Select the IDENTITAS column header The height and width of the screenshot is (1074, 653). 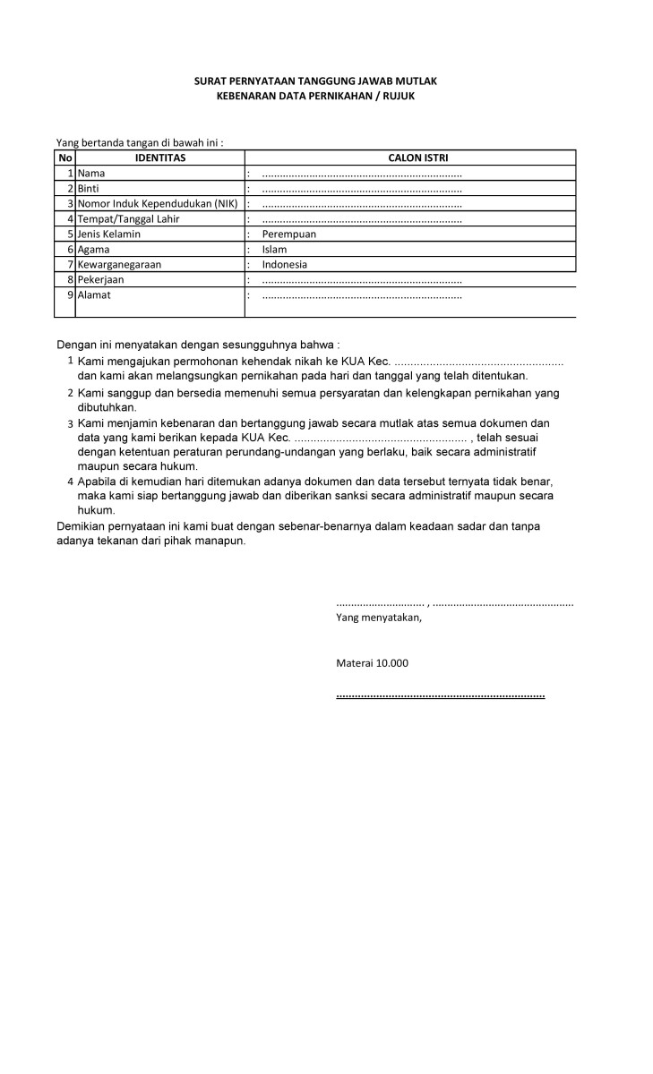[159, 158]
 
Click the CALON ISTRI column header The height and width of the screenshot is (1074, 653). [411, 158]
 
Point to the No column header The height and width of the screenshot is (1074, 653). [64, 158]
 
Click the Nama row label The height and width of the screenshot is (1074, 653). [91, 173]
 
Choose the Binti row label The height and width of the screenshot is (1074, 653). [88, 189]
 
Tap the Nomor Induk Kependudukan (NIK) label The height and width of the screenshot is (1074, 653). [158, 204]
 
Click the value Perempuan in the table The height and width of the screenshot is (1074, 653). [289, 234]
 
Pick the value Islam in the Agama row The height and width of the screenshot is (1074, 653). [274, 250]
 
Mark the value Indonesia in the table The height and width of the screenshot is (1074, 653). [285, 265]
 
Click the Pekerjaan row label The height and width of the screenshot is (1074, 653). [100, 280]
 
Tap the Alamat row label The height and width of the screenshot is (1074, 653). [94, 294]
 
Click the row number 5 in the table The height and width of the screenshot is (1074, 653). [70, 234]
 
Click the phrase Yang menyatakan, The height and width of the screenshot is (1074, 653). [378, 618]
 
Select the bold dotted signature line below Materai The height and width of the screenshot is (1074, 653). [440, 695]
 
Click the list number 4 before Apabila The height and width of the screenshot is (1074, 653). [70, 481]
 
